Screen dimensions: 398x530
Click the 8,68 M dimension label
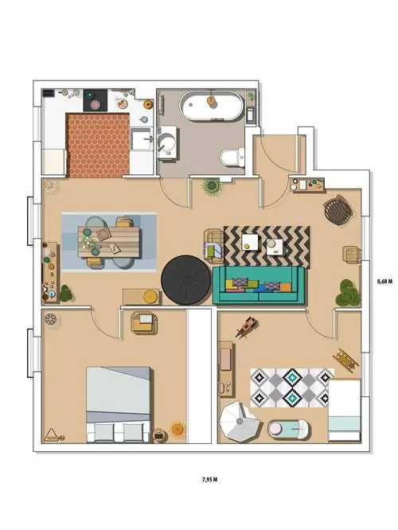384,281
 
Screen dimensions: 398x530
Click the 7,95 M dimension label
209,479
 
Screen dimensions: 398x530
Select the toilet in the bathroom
232,158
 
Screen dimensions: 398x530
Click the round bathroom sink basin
166,142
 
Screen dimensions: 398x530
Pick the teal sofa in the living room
259,285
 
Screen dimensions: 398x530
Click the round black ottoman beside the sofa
186,279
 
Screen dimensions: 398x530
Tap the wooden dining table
108,242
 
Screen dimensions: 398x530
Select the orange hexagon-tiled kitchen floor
98,146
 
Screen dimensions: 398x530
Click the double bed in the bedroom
119,404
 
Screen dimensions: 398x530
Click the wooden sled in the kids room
345,360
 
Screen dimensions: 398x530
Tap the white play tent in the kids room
240,421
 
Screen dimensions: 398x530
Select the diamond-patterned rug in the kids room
291,388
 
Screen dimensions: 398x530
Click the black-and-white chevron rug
267,247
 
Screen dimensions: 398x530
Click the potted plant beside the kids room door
347,292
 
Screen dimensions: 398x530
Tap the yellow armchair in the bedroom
145,323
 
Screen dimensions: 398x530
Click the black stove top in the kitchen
96,100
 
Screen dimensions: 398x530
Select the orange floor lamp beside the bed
178,429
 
